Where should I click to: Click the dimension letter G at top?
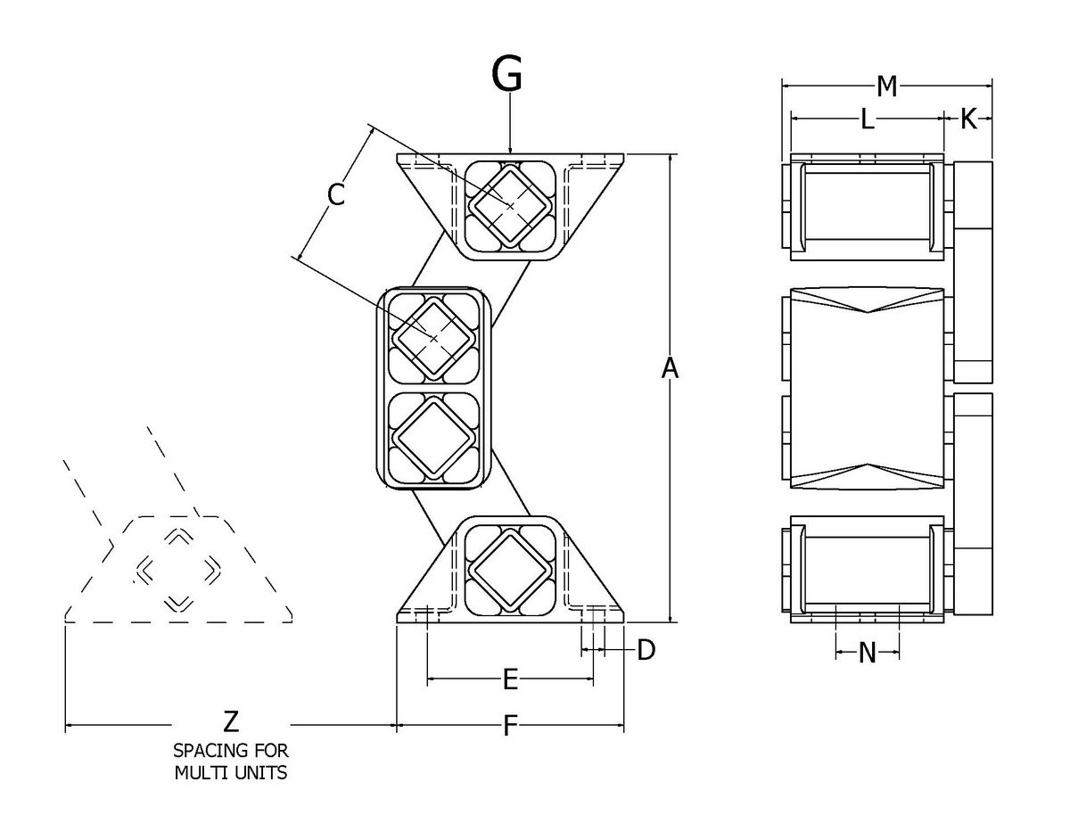[507, 77]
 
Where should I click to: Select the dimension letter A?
[670, 367]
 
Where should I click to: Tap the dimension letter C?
[335, 193]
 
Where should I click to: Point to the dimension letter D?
[646, 649]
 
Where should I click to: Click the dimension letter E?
[510, 680]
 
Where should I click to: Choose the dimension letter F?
[510, 727]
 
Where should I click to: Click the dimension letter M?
[886, 86]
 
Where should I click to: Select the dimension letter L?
[867, 119]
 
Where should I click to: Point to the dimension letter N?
[867, 654]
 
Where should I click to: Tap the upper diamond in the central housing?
[434, 337]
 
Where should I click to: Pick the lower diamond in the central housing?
[434, 436]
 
